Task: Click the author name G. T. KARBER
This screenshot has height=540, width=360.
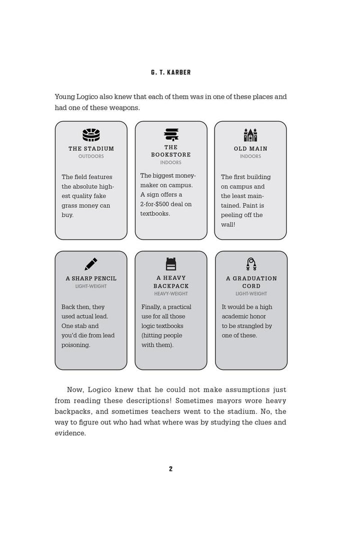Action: coord(170,72)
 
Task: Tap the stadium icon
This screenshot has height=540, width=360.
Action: coord(91,135)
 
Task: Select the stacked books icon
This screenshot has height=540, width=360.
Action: coord(171,134)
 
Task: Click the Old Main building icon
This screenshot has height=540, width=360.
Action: coord(250,135)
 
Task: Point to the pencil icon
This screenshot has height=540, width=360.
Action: coord(91,264)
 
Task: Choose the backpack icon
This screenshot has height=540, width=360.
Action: coord(171,264)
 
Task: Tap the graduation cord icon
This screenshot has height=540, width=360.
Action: coord(251,264)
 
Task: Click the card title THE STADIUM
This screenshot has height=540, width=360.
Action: coord(91,148)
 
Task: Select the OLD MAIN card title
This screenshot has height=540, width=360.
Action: coord(250,148)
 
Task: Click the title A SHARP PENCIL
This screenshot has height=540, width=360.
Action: coord(91,278)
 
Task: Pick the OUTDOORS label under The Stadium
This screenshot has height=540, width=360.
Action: coord(91,156)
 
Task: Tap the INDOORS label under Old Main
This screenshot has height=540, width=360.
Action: coord(250,156)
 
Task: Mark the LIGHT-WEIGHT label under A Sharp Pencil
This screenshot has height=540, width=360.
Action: coord(91,286)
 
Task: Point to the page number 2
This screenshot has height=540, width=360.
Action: coord(170,468)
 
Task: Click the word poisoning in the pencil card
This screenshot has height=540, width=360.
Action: coord(76,345)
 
